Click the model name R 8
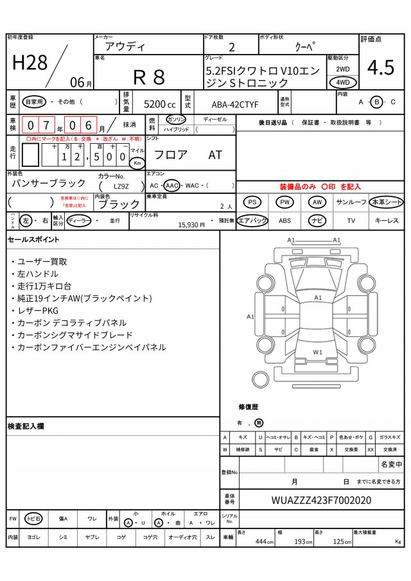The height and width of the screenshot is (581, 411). tap(149, 77)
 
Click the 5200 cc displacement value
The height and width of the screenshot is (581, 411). tap(159, 103)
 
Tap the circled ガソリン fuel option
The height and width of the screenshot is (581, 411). tap(176, 119)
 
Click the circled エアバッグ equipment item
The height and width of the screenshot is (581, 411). tap(252, 220)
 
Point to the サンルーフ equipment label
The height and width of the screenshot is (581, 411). tap(351, 202)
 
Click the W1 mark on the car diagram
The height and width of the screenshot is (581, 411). tap(317, 352)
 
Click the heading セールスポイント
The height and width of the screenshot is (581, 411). tap(33, 239)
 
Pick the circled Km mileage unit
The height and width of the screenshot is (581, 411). tap(137, 163)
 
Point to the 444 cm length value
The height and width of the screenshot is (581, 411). tap(261, 542)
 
